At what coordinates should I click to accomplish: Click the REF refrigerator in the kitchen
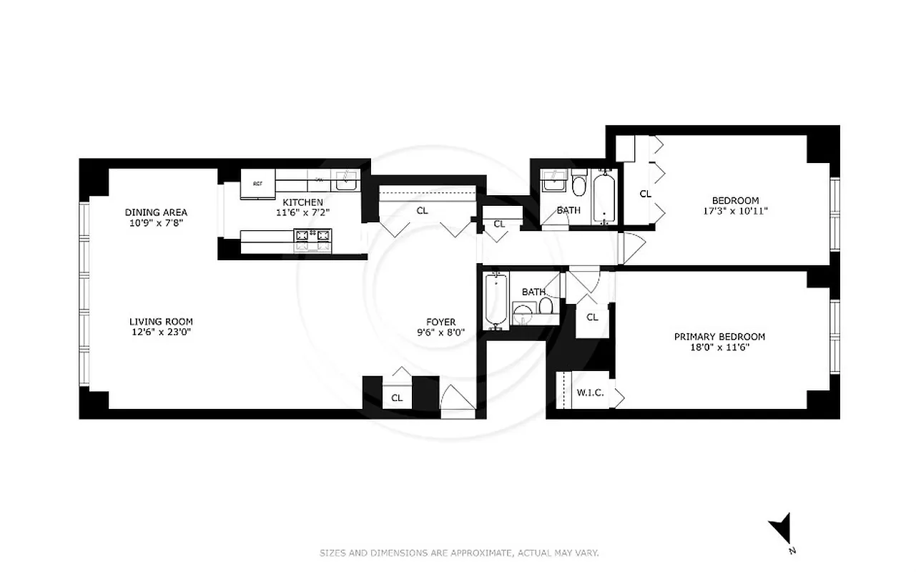tap(257, 184)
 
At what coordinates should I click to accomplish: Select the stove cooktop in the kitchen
tap(314, 235)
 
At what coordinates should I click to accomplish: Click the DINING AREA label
tap(156, 212)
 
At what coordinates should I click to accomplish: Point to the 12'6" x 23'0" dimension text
tap(161, 332)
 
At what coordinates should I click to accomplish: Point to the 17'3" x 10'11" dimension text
tap(735, 211)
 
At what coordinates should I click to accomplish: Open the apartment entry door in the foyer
tap(456, 401)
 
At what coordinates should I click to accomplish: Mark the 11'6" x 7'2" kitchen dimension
tap(302, 212)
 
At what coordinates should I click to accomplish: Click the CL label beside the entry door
tap(397, 398)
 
